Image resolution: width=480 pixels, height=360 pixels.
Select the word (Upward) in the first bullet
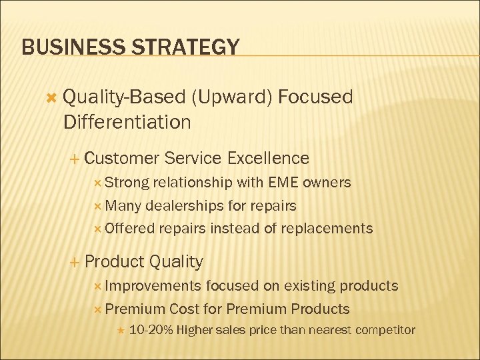231,97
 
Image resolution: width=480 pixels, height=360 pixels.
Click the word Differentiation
127,122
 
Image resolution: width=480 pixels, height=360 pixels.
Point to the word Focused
315,97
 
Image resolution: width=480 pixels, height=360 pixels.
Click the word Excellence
268,158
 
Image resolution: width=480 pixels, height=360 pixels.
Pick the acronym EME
284,183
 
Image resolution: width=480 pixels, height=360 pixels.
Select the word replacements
327,228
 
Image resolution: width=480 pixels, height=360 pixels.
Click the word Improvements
153,286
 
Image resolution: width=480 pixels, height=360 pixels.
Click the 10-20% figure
151,330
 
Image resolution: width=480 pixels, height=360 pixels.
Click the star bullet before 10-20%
119,330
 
